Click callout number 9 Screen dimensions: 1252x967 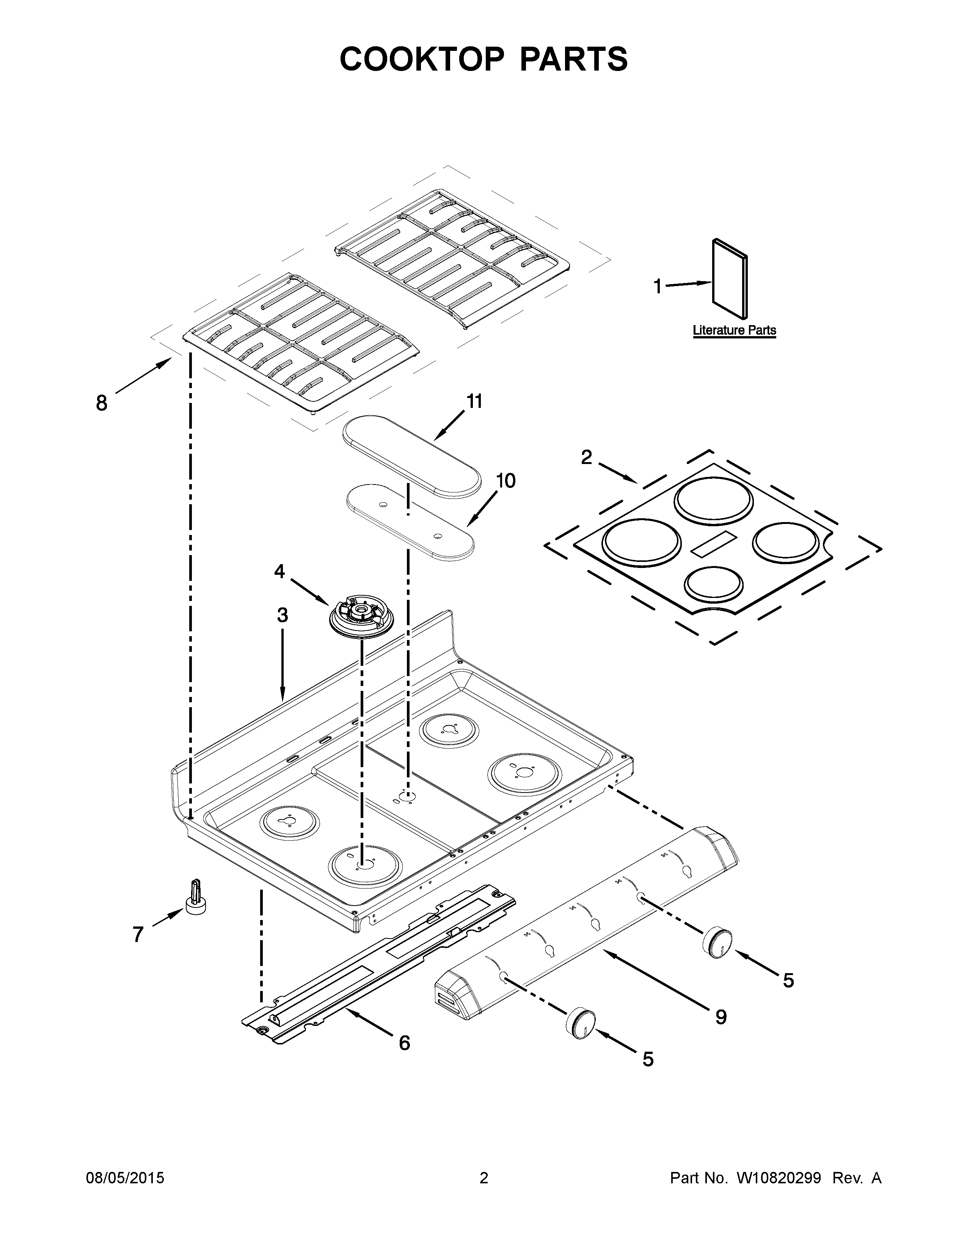coord(721,1017)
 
